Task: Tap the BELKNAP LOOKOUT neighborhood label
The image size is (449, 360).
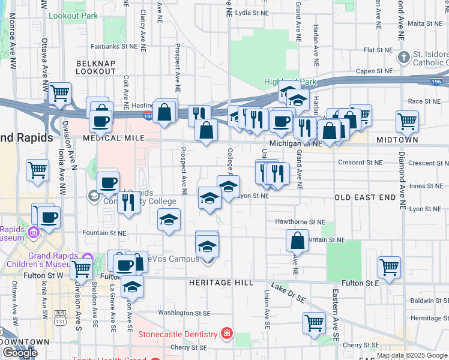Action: tap(95, 67)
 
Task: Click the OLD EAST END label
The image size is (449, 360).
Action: tap(365, 197)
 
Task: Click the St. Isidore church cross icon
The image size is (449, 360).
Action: tap(404, 57)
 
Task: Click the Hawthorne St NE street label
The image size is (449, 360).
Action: tap(300, 221)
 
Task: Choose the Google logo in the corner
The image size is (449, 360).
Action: tap(20, 353)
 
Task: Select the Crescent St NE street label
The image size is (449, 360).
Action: tap(360, 163)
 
